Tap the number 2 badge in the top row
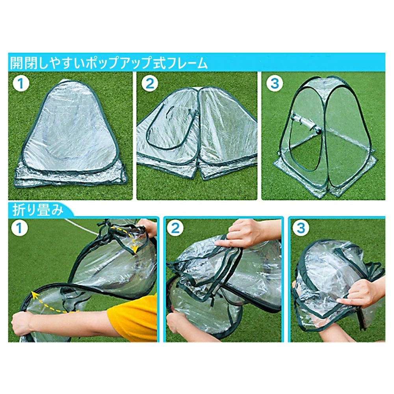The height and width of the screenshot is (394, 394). coord(149,83)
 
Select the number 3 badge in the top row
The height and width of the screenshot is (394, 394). coord(275,83)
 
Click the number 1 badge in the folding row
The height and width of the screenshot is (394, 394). coord(19,228)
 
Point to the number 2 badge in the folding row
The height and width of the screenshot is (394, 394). coord(175,228)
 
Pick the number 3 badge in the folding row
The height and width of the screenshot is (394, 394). coord(301,228)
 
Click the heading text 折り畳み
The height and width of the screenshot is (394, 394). coord(38,210)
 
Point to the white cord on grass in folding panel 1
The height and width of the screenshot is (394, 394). coord(81,227)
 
